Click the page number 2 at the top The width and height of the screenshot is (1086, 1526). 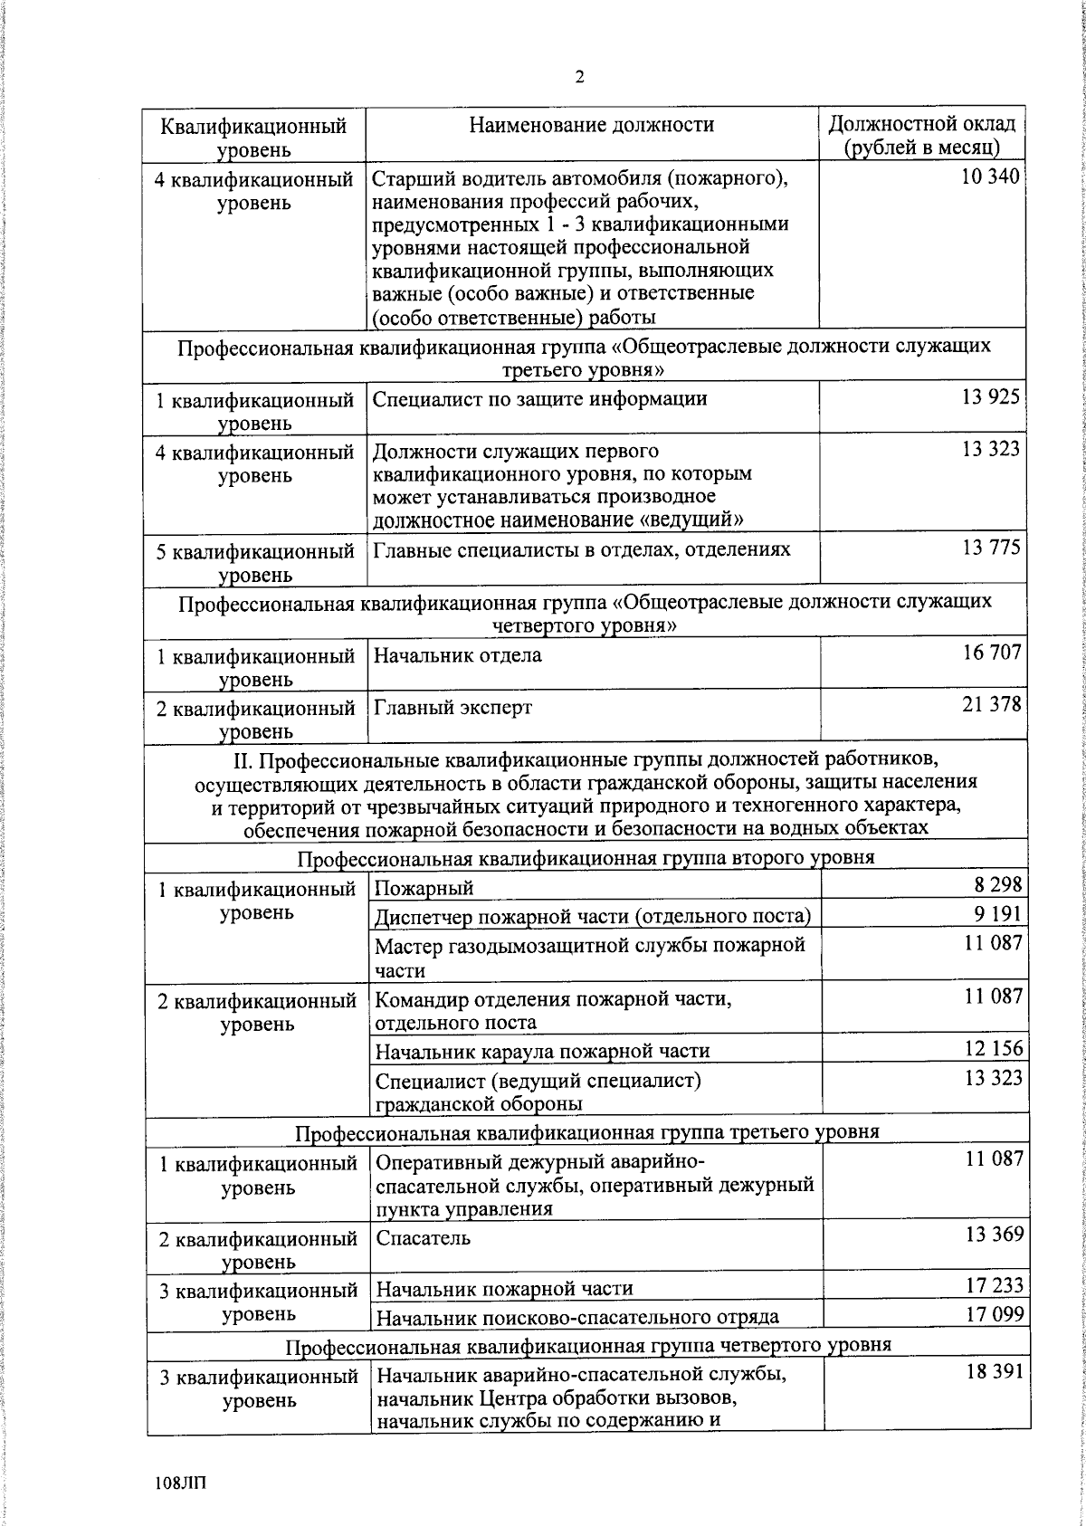[x=579, y=77]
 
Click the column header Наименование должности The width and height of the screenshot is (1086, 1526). [x=591, y=125]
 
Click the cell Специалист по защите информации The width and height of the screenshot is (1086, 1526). [x=540, y=398]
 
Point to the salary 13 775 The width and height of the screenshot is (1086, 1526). [x=992, y=548]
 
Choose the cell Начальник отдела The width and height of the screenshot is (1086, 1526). [x=458, y=654]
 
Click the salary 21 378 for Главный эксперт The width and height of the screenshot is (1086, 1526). [x=992, y=704]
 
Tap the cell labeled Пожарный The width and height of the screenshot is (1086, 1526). [x=424, y=889]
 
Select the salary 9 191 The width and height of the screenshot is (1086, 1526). [x=997, y=914]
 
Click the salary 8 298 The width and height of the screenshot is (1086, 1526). [x=997, y=885]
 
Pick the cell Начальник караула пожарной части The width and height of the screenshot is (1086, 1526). [x=542, y=1051]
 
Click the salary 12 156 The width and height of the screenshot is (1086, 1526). [x=994, y=1048]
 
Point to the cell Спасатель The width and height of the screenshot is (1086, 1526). [x=423, y=1237]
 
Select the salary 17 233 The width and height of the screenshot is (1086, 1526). [x=994, y=1285]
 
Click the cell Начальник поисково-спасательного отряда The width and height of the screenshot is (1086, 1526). [x=577, y=1316]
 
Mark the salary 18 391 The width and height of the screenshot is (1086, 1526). [x=994, y=1372]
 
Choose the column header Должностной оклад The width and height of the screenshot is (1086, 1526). [x=921, y=134]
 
